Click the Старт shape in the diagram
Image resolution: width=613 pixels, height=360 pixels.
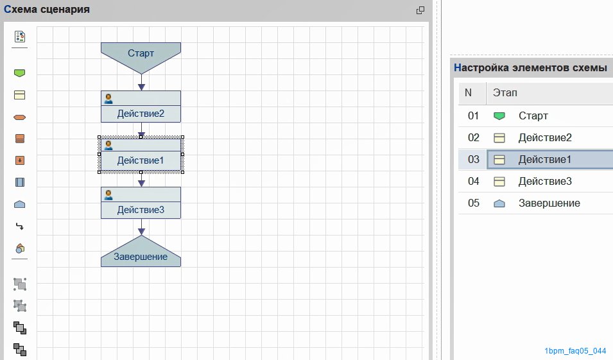141,55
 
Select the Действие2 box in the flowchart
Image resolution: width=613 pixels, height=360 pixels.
141,107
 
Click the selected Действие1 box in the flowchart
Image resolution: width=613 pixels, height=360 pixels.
141,155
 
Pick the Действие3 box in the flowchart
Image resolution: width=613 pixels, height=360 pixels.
141,203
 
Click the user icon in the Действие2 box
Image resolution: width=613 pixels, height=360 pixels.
108,99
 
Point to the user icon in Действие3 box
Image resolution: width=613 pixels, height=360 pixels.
108,195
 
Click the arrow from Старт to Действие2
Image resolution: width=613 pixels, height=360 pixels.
141,83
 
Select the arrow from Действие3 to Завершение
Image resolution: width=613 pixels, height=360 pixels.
141,227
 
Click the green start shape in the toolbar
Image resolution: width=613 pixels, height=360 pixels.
19,73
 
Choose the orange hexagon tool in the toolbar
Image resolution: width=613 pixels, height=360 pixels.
19,117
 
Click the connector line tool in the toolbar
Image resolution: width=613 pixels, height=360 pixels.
19,227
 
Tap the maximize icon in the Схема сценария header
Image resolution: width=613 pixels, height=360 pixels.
420,10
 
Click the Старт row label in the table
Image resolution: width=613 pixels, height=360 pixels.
533,116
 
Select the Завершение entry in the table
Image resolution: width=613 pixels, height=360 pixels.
549,203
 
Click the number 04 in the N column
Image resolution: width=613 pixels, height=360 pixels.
474,182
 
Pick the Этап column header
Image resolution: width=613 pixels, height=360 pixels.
505,93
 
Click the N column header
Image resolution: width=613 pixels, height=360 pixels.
468,92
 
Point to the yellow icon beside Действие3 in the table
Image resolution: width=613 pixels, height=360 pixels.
499,182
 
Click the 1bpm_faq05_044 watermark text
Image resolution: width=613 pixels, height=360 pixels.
575,351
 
